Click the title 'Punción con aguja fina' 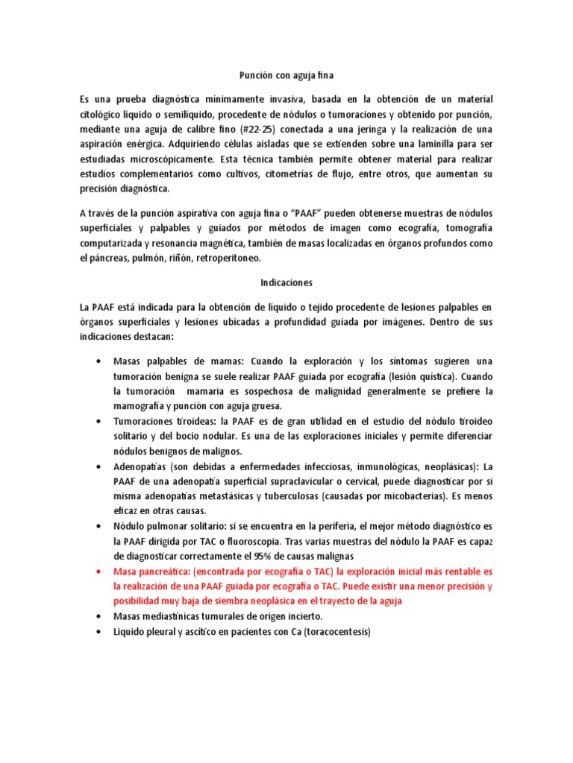(286, 75)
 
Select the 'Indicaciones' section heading (286, 282)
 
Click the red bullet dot (100, 572)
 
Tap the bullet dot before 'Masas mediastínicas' (100, 617)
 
